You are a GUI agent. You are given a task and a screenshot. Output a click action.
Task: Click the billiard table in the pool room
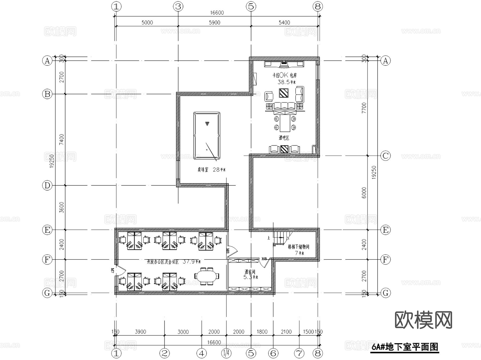coord(207,136)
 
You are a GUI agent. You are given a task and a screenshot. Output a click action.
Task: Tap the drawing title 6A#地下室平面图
coord(405,347)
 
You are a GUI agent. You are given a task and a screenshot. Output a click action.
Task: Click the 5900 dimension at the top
coord(214,22)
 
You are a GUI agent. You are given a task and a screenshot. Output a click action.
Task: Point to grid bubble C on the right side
coord(385,156)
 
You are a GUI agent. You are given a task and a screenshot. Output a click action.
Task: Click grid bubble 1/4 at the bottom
coord(226,353)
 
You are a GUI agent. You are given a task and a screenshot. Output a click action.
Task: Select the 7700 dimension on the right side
coord(364,108)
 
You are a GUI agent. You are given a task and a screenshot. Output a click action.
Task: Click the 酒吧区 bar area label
coord(284,138)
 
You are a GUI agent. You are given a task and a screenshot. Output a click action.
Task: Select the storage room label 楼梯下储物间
coord(298,247)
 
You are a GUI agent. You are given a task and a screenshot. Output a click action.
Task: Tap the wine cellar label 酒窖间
coord(250,272)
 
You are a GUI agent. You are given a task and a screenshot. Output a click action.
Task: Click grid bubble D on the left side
coord(47,185)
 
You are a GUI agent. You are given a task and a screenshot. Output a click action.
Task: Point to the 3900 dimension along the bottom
coord(140,332)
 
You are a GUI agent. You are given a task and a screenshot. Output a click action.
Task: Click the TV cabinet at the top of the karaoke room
coord(284,64)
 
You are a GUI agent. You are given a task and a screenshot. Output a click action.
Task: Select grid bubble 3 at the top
coord(178,6)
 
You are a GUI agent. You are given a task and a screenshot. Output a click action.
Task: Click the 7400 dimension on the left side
coord(61,140)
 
